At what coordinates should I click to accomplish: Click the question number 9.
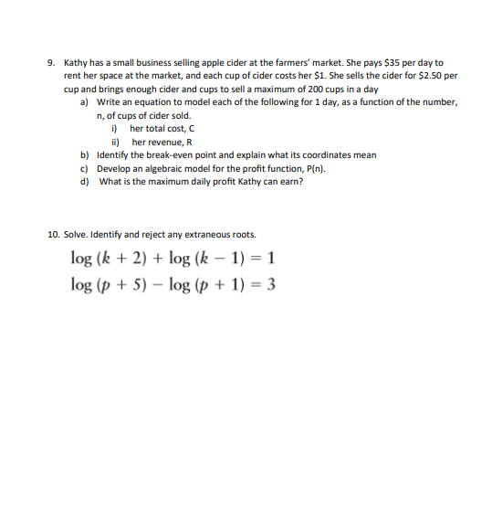tap(51, 63)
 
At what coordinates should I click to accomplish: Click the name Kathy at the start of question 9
tap(75, 63)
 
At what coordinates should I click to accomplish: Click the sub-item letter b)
tap(85, 155)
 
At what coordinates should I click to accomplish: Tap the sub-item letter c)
tap(85, 168)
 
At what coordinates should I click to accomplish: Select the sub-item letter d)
tap(85, 181)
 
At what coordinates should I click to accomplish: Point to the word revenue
tap(165, 142)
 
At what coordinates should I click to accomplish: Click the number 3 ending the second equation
tap(271, 283)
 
